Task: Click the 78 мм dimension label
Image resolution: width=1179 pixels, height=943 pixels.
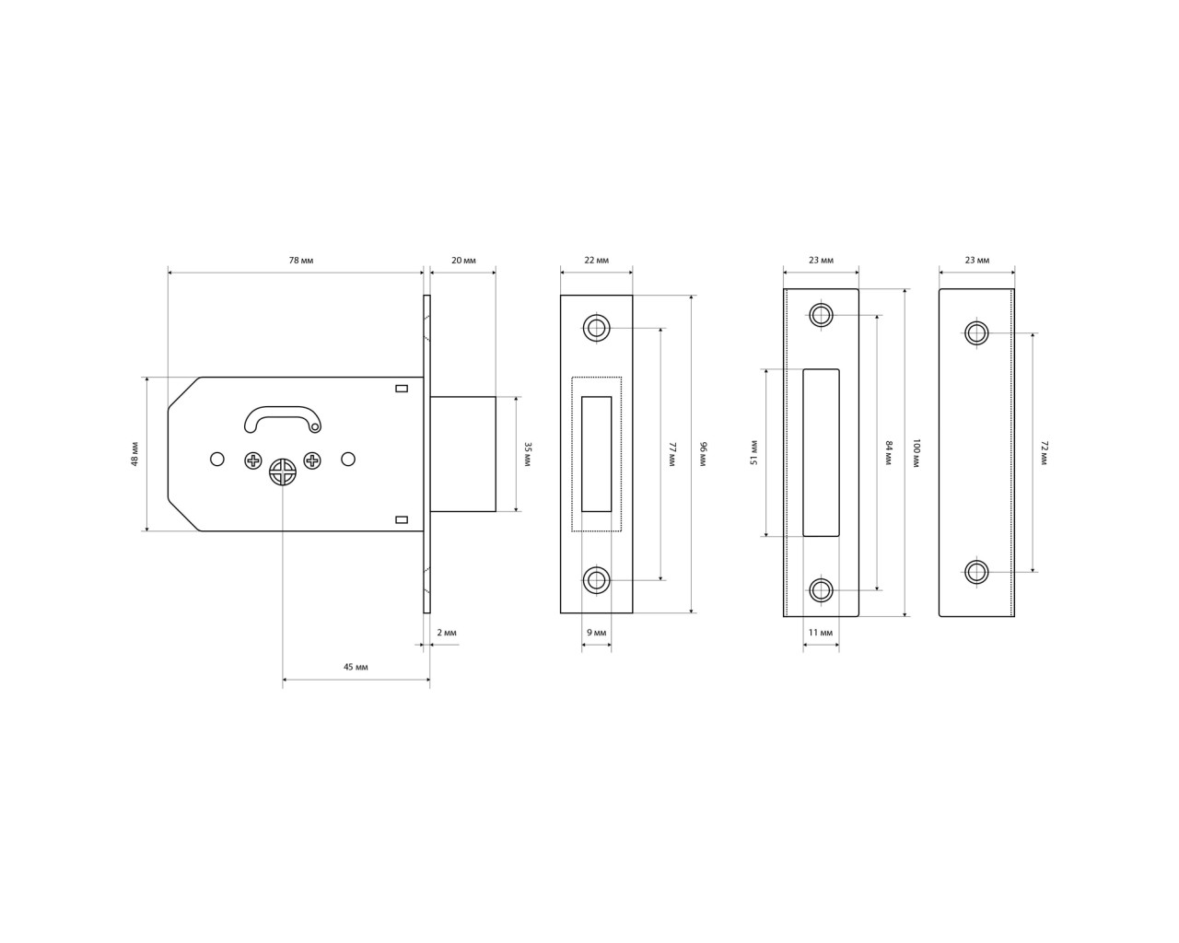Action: coord(301,261)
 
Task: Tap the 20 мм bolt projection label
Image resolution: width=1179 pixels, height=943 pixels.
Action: coord(463,261)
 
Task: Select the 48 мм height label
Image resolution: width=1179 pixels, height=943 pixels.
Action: coord(134,454)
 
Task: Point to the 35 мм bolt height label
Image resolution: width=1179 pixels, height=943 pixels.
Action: coord(528,454)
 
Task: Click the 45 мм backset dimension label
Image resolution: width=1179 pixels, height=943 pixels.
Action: coord(356,667)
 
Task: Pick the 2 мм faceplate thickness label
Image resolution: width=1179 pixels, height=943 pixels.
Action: coord(447,633)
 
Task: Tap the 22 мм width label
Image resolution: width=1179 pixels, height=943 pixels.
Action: coord(596,261)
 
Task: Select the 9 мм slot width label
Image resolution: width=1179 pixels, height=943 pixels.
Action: coord(597,633)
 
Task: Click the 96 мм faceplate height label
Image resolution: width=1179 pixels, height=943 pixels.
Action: coord(704,454)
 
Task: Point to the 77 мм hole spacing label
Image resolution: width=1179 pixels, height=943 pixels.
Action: coord(672,454)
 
